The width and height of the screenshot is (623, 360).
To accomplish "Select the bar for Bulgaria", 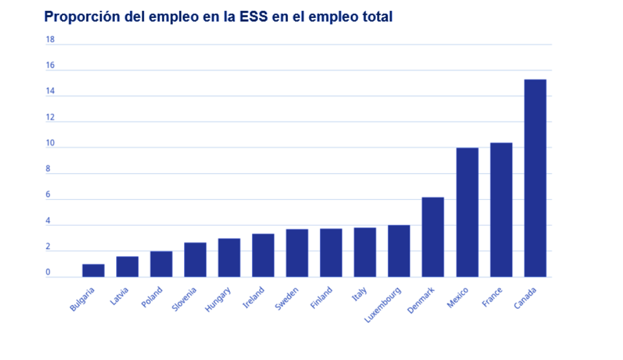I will [x=94, y=271].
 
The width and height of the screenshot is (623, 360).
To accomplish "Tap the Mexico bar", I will [x=467, y=212].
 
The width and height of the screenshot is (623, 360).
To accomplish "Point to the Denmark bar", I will [x=433, y=237].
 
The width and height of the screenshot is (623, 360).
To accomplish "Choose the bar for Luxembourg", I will [x=399, y=251].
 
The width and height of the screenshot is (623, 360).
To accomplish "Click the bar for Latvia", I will [x=127, y=266].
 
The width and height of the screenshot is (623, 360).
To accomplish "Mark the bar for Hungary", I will [x=229, y=257].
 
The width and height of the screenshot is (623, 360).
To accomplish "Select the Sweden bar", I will [x=297, y=253].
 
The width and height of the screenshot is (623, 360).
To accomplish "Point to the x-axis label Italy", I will [x=360, y=294].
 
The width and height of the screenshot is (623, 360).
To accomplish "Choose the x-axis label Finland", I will [x=322, y=298].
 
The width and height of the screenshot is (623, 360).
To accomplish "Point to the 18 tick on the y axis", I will [x=50, y=40].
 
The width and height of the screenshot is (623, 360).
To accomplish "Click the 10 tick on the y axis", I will [x=50, y=144].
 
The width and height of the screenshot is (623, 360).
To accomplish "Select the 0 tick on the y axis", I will [x=48, y=273].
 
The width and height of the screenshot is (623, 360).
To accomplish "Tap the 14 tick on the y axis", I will [x=50, y=92].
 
